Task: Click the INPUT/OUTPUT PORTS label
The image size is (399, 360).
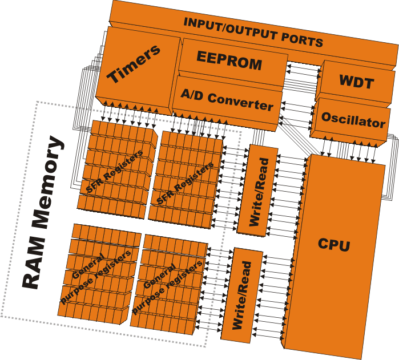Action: [253, 32]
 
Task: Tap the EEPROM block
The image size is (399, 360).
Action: [229, 60]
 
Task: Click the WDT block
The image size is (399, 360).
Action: [356, 82]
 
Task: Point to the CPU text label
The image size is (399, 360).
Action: [334, 245]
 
